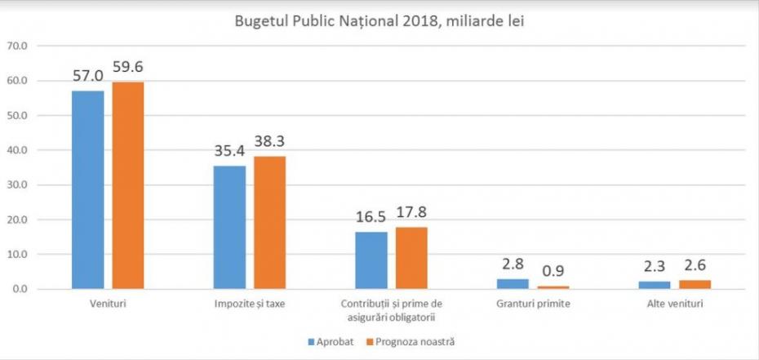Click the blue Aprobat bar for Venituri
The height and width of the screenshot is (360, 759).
(87, 189)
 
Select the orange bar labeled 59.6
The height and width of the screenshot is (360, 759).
(127, 185)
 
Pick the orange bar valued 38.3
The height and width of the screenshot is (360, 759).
(269, 222)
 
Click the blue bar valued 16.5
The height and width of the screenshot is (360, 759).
(371, 260)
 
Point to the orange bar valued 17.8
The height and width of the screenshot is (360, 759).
(411, 257)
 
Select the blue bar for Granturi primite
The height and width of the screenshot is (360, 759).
(513, 284)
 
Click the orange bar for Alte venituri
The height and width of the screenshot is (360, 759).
(695, 284)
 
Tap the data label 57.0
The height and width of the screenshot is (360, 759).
(87, 77)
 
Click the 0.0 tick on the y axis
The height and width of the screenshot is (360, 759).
(19, 289)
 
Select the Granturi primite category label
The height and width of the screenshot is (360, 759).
(533, 304)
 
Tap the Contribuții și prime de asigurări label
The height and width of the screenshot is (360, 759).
(391, 310)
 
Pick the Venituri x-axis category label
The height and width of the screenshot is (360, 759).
(107, 304)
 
